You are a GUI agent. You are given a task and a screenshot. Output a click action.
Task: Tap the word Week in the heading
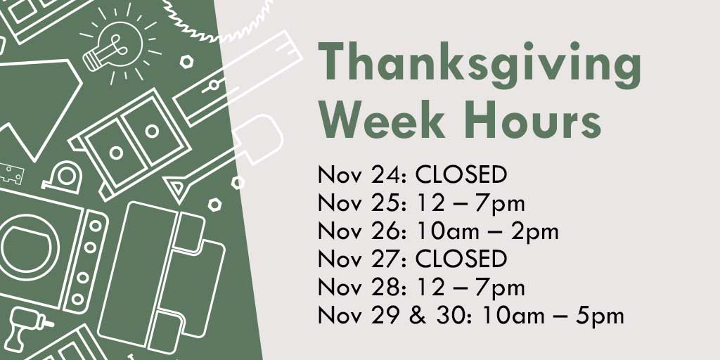click(382, 120)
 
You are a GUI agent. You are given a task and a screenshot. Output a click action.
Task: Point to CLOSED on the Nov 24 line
click(461, 174)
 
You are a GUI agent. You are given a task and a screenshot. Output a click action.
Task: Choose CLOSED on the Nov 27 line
click(461, 259)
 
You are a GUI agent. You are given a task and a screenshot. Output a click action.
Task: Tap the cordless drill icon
click(27, 328)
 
